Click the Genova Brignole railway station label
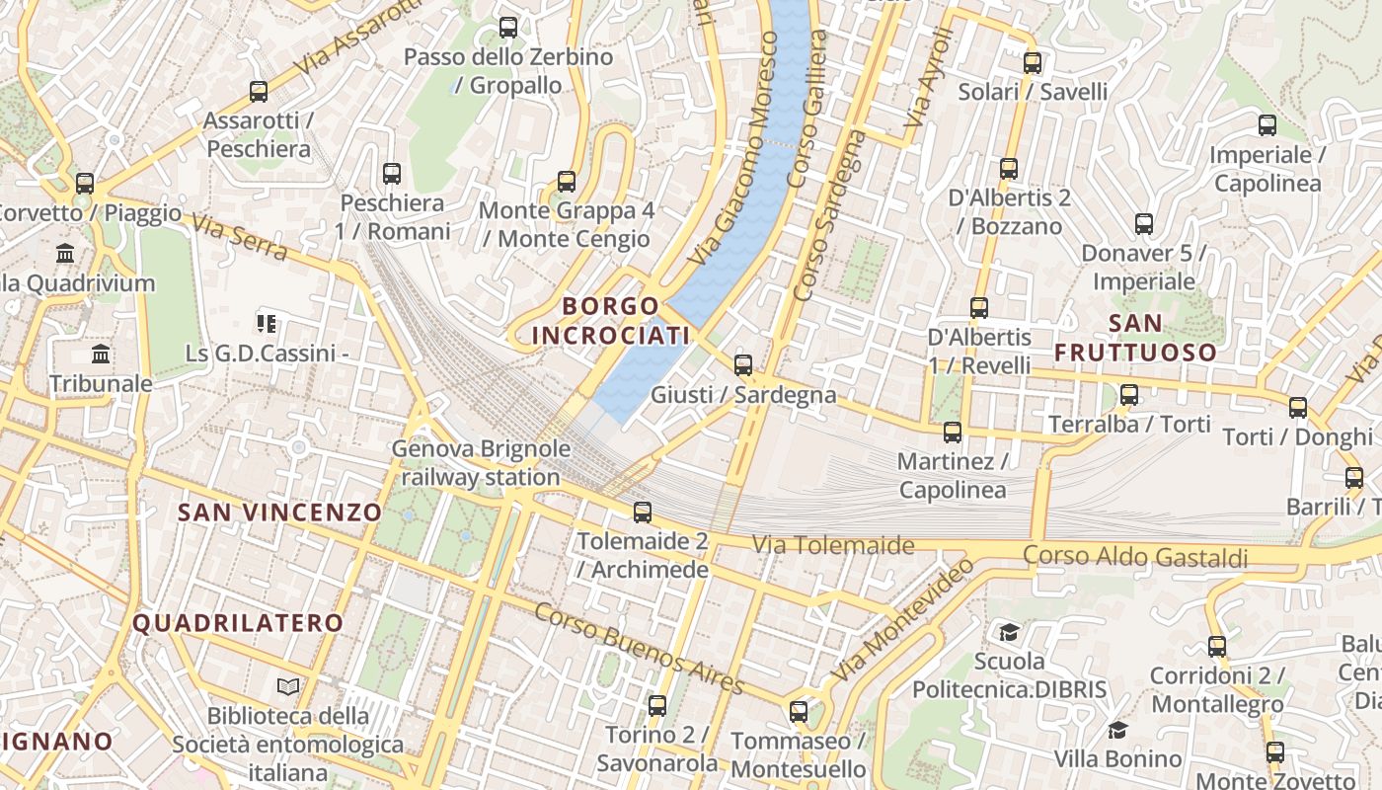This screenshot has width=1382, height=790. pyautogui.click(x=481, y=463)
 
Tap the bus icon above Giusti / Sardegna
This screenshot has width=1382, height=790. pyautogui.click(x=743, y=365)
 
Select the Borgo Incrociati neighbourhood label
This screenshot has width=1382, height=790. pyautogui.click(x=610, y=320)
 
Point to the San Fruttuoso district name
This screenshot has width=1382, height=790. pyautogui.click(x=1135, y=338)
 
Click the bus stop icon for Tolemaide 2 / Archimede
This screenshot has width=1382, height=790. pyautogui.click(x=643, y=512)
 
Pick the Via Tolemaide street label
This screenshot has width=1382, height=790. pyautogui.click(x=833, y=544)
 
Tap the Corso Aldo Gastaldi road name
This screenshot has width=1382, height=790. pyautogui.click(x=1135, y=556)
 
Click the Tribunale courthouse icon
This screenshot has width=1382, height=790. pyautogui.click(x=101, y=355)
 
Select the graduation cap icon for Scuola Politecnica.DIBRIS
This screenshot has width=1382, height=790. pyautogui.click(x=1009, y=631)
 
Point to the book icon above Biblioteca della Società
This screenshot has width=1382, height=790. pyautogui.click(x=288, y=686)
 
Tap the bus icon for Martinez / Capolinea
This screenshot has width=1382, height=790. pyautogui.click(x=953, y=432)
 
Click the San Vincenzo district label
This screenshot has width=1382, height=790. pyautogui.click(x=279, y=512)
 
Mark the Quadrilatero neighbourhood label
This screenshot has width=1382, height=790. pyautogui.click(x=238, y=623)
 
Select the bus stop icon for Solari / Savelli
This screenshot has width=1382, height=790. pyautogui.click(x=1033, y=63)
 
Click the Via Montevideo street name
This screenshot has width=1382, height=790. pyautogui.click(x=903, y=619)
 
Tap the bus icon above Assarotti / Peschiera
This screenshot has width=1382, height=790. pyautogui.click(x=259, y=92)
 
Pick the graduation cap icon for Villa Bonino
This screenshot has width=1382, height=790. pyautogui.click(x=1117, y=730)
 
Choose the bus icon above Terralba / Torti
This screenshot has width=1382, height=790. pyautogui.click(x=1129, y=395)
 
